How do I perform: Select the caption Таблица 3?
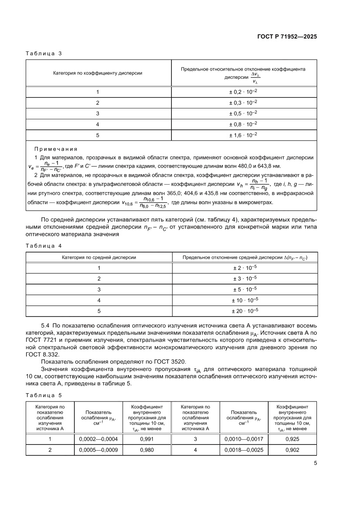44,54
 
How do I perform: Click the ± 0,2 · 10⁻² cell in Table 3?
243,92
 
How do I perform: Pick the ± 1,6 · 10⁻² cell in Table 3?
243,135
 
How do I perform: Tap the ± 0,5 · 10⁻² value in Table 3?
243,114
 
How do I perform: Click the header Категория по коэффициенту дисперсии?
98,73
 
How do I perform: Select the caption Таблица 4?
44,246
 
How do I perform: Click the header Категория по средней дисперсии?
99,257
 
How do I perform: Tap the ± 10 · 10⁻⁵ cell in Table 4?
245,300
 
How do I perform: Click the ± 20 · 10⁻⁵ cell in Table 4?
245,311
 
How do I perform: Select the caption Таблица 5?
44,395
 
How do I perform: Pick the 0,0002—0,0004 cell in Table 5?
98,439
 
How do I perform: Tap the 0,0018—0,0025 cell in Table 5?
244,450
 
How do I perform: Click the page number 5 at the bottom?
315,463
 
